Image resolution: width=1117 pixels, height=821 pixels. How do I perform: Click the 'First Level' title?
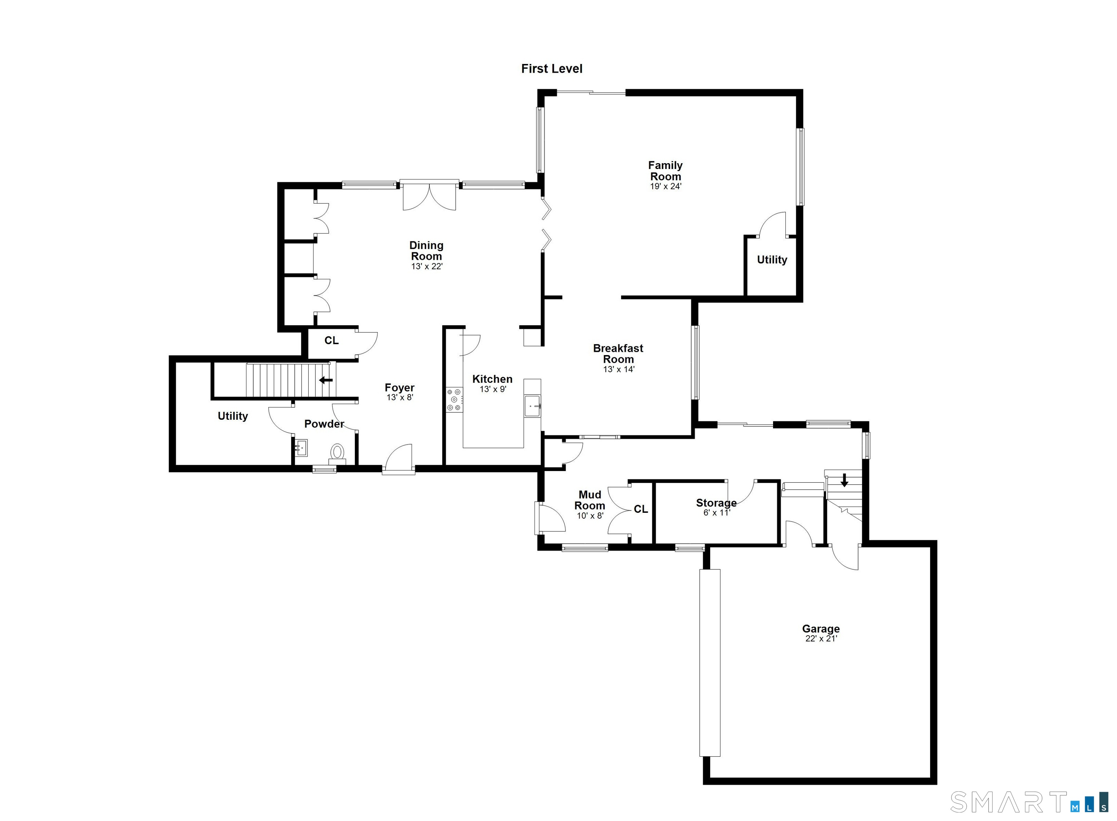[x=551, y=69]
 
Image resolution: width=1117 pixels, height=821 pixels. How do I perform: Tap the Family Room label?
[x=665, y=170]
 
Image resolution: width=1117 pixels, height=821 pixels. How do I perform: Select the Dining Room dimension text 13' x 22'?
[x=427, y=266]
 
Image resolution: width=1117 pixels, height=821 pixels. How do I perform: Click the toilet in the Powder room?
[x=337, y=452]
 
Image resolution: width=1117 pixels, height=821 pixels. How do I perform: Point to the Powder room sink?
[x=301, y=448]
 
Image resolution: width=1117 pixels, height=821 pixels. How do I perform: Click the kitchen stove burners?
[x=454, y=399]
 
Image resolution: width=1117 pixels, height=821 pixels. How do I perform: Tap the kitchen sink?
[x=532, y=406]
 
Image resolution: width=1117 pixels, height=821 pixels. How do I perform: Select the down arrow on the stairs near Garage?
[x=844, y=480]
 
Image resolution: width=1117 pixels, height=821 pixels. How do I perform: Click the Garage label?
[x=821, y=629]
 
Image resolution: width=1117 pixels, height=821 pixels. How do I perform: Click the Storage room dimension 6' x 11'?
[x=716, y=513]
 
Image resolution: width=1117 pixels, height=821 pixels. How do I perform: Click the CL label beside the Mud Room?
[x=641, y=509]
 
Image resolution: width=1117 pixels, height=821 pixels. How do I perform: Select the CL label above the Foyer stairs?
[x=332, y=341]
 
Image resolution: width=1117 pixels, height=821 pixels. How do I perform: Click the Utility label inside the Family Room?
[x=772, y=259]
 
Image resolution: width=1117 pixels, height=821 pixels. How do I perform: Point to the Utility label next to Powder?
[x=233, y=416]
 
